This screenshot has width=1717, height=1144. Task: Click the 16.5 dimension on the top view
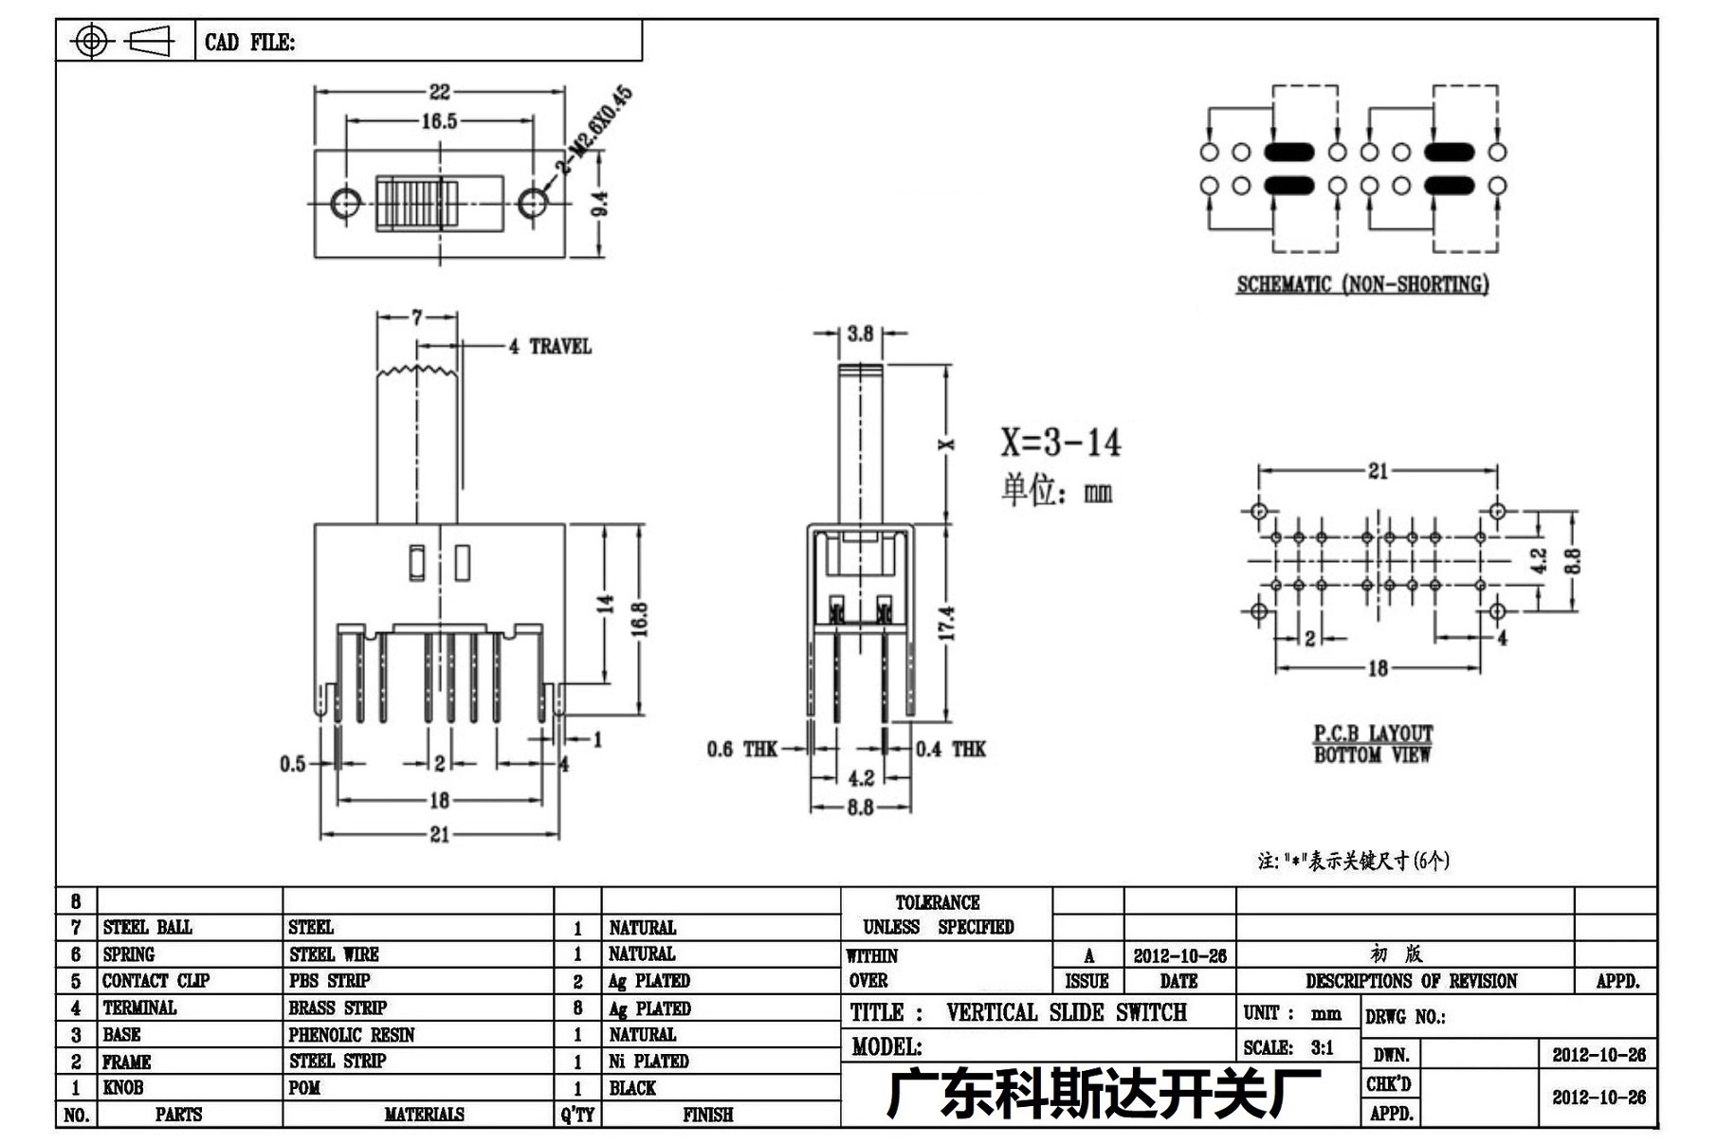439,121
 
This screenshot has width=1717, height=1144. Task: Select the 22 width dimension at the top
439,92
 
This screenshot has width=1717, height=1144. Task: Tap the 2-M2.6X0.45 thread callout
594,130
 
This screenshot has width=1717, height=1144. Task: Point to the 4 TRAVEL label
550,347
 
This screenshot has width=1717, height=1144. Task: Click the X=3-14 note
1060,443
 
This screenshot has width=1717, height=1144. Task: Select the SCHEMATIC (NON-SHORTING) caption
1362,284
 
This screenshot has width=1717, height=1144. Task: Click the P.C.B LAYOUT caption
1373,734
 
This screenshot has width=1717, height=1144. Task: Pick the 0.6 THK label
741,750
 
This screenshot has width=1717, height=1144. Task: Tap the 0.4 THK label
951,750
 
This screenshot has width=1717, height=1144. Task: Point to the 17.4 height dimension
946,623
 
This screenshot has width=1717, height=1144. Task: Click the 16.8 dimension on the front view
639,619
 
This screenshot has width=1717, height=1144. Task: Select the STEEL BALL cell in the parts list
148,927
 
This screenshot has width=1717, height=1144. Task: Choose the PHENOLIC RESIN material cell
352,1035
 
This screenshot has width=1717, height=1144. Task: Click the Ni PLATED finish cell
648,1062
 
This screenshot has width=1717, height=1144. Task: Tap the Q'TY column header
577,1115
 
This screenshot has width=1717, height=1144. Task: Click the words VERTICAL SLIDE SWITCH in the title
1067,1012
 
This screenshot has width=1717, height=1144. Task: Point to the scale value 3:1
1323,1048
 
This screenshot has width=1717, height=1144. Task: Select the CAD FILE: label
250,43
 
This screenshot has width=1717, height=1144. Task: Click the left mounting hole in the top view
346,203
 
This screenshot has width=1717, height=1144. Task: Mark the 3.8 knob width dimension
860,334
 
